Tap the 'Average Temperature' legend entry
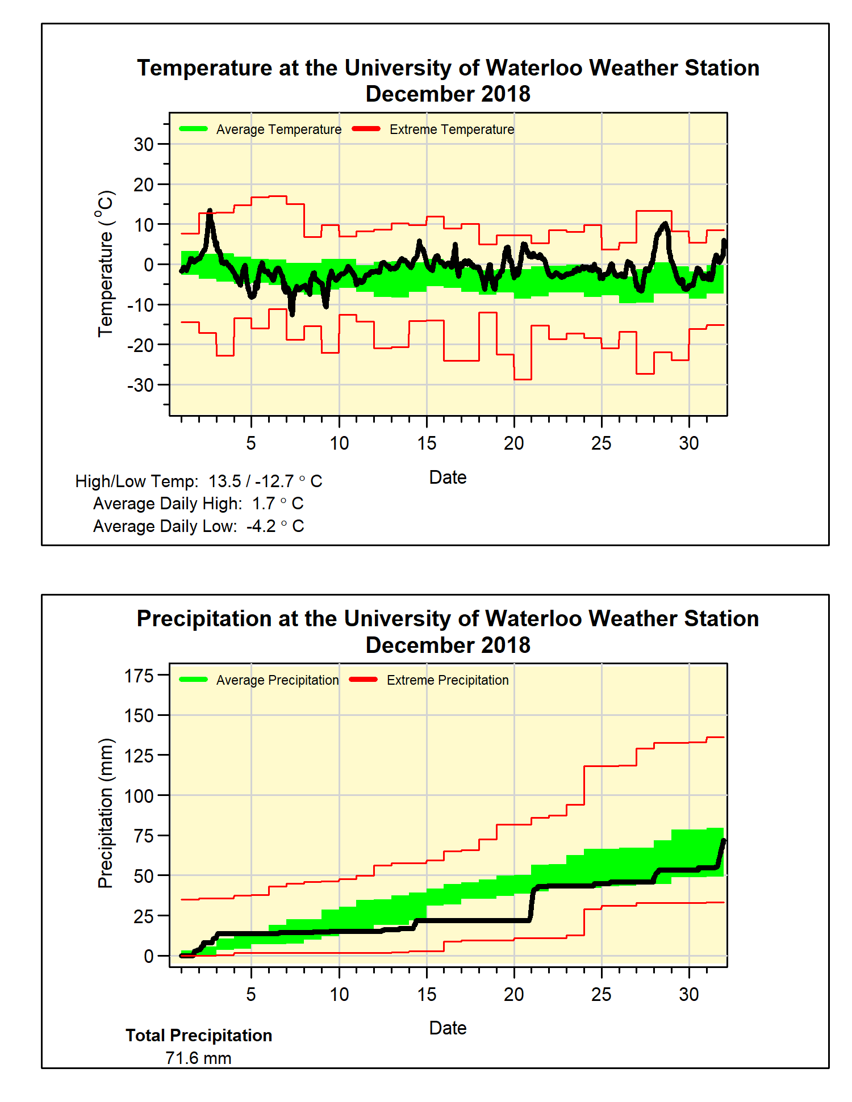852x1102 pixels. click(278, 129)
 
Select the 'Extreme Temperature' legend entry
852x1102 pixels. click(451, 129)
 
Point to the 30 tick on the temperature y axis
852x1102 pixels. click(144, 144)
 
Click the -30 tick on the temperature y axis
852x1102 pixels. click(140, 385)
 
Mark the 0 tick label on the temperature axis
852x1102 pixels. click(148, 265)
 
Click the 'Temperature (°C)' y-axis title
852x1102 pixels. click(106, 263)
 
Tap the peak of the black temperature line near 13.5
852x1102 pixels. click(210, 211)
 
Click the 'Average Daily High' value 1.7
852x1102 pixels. click(264, 504)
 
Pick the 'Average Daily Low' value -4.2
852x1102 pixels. click(261, 526)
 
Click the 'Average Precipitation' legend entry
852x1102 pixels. click(277, 680)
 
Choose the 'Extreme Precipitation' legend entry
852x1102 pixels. click(447, 680)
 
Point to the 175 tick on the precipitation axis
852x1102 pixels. click(139, 676)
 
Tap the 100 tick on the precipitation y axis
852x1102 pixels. click(139, 796)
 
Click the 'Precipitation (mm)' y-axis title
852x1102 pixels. click(106, 813)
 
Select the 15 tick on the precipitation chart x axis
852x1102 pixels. click(427, 994)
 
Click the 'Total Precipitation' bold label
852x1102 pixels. click(199, 1036)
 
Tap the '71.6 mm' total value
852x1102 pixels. click(198, 1058)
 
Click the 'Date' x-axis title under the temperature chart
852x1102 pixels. click(448, 477)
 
